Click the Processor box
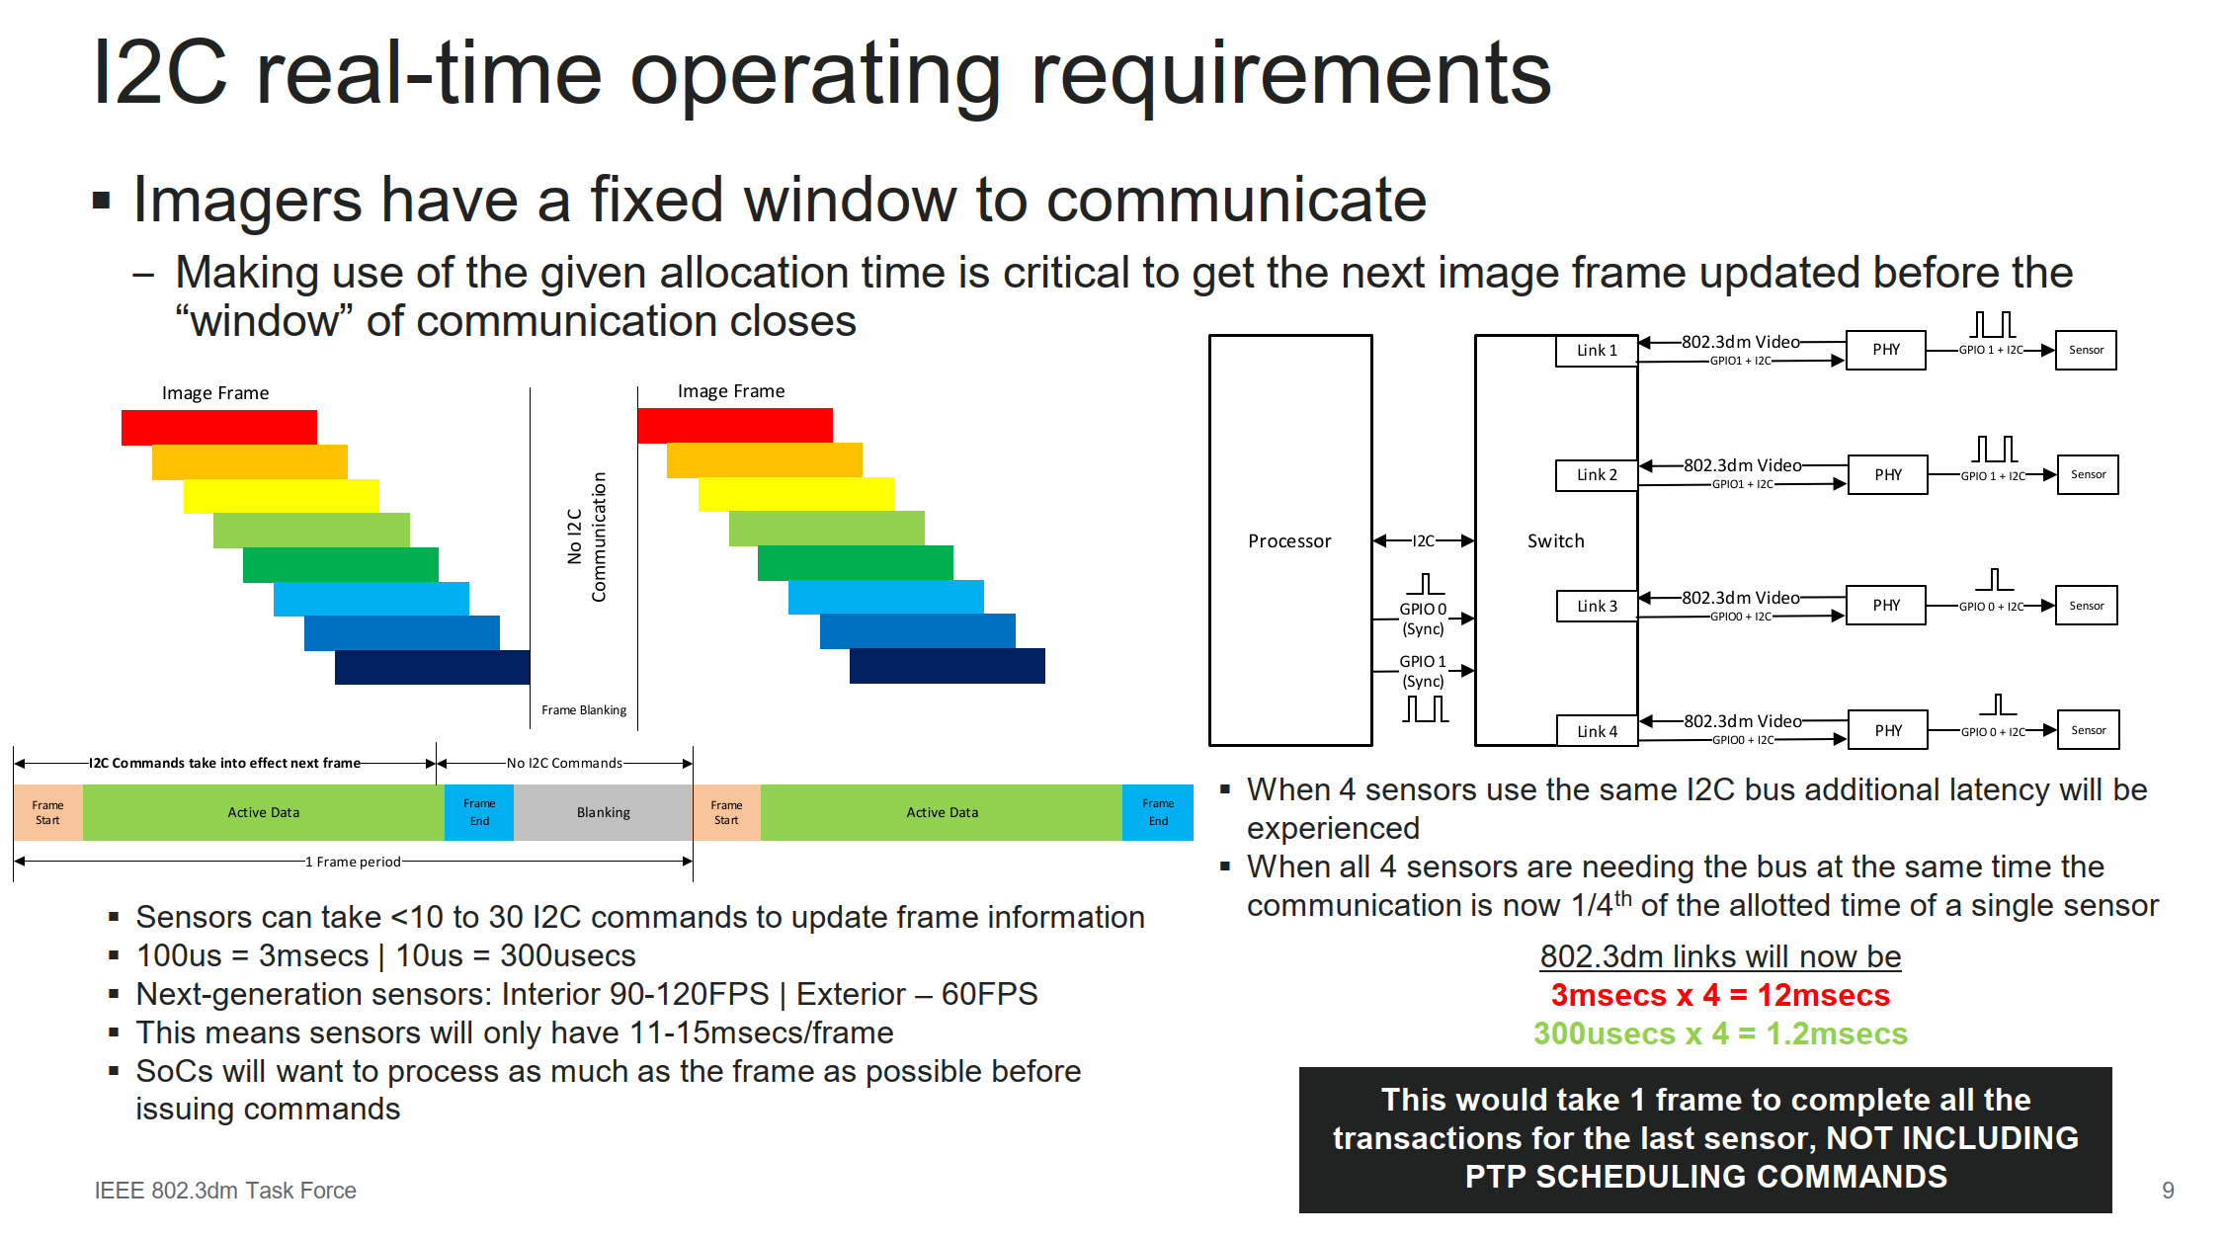[1290, 540]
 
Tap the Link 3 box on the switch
[1597, 606]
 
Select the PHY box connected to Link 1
[1886, 350]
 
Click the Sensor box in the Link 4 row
[2088, 730]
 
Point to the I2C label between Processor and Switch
[1423, 540]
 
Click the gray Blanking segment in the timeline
[603, 812]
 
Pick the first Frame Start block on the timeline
[47, 812]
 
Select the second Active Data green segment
[942, 812]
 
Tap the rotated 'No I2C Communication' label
[587, 536]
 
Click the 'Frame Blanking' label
[584, 709]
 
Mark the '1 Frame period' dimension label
[353, 862]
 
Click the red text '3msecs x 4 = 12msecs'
[1720, 995]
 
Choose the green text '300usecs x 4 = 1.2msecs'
[1720, 1033]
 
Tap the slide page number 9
[2168, 1191]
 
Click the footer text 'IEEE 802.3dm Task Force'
[225, 1191]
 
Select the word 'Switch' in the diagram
[1555, 540]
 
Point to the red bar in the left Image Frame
[219, 427]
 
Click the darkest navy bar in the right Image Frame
[948, 666]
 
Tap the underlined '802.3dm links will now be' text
[1720, 956]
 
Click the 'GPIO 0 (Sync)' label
[1423, 619]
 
